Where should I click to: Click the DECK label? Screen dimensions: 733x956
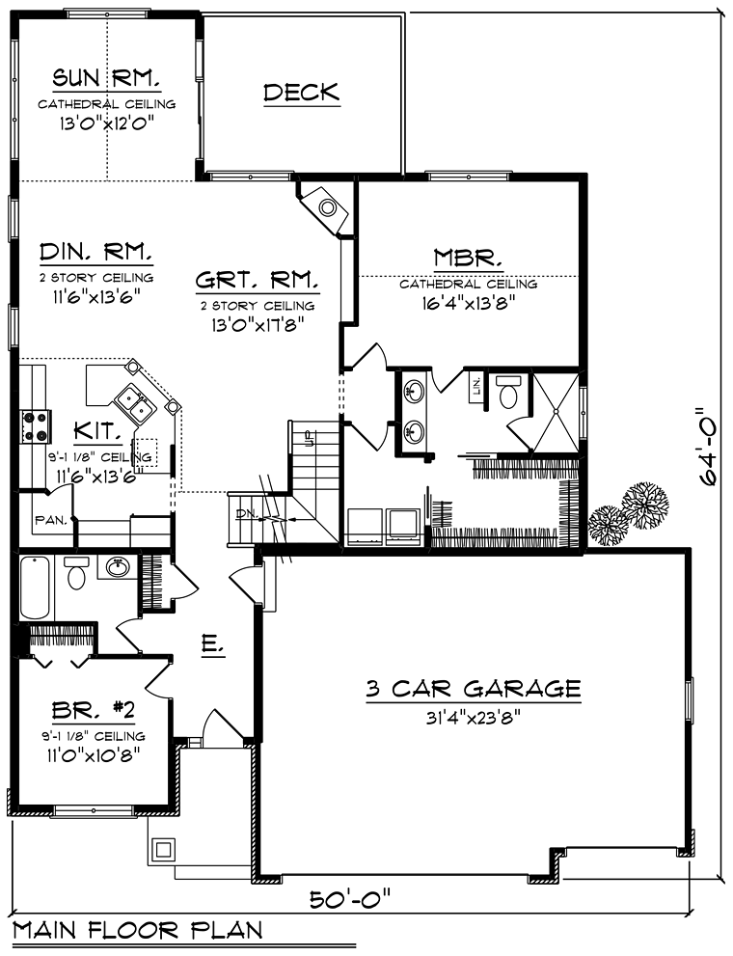click(x=302, y=92)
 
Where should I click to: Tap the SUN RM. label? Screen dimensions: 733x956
click(x=107, y=78)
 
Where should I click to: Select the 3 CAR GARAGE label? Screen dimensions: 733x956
click(x=473, y=689)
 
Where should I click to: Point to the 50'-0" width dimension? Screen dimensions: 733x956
click(x=349, y=899)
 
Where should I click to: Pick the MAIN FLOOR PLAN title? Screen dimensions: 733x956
click(x=138, y=930)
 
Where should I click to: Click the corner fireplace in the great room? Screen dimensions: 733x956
click(x=325, y=207)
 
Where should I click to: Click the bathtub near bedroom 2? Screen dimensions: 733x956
click(x=36, y=587)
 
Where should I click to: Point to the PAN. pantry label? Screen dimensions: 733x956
click(x=51, y=521)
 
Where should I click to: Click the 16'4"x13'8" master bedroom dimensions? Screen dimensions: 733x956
click(x=468, y=304)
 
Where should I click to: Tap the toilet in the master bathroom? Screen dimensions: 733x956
click(x=507, y=392)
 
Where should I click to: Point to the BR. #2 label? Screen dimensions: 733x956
click(x=94, y=710)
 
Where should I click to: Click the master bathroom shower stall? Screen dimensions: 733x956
click(x=556, y=412)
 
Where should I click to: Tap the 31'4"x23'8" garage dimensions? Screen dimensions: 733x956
click(x=473, y=718)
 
